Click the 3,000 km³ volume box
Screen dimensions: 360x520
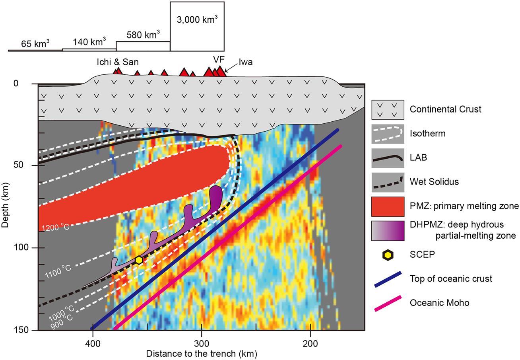tap(197, 26)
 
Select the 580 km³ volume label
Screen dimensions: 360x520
tap(143, 35)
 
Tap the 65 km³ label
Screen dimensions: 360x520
tap(35, 44)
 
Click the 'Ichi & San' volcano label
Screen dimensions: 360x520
tap(118, 62)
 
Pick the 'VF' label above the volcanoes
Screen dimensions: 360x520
tap(219, 59)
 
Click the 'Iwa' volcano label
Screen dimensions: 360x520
tap(245, 62)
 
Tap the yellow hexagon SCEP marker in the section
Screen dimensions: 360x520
tap(139, 260)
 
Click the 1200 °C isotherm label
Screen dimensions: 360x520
tap(56, 227)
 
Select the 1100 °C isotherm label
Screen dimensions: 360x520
tap(58, 271)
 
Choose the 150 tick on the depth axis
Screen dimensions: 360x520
tap(28, 330)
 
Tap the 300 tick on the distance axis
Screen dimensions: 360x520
tap(202, 342)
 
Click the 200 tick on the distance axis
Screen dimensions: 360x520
tap(310, 342)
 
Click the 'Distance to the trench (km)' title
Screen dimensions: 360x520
tap(202, 354)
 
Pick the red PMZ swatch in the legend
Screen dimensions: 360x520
tap(388, 206)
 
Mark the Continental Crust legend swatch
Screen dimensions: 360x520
tap(388, 109)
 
